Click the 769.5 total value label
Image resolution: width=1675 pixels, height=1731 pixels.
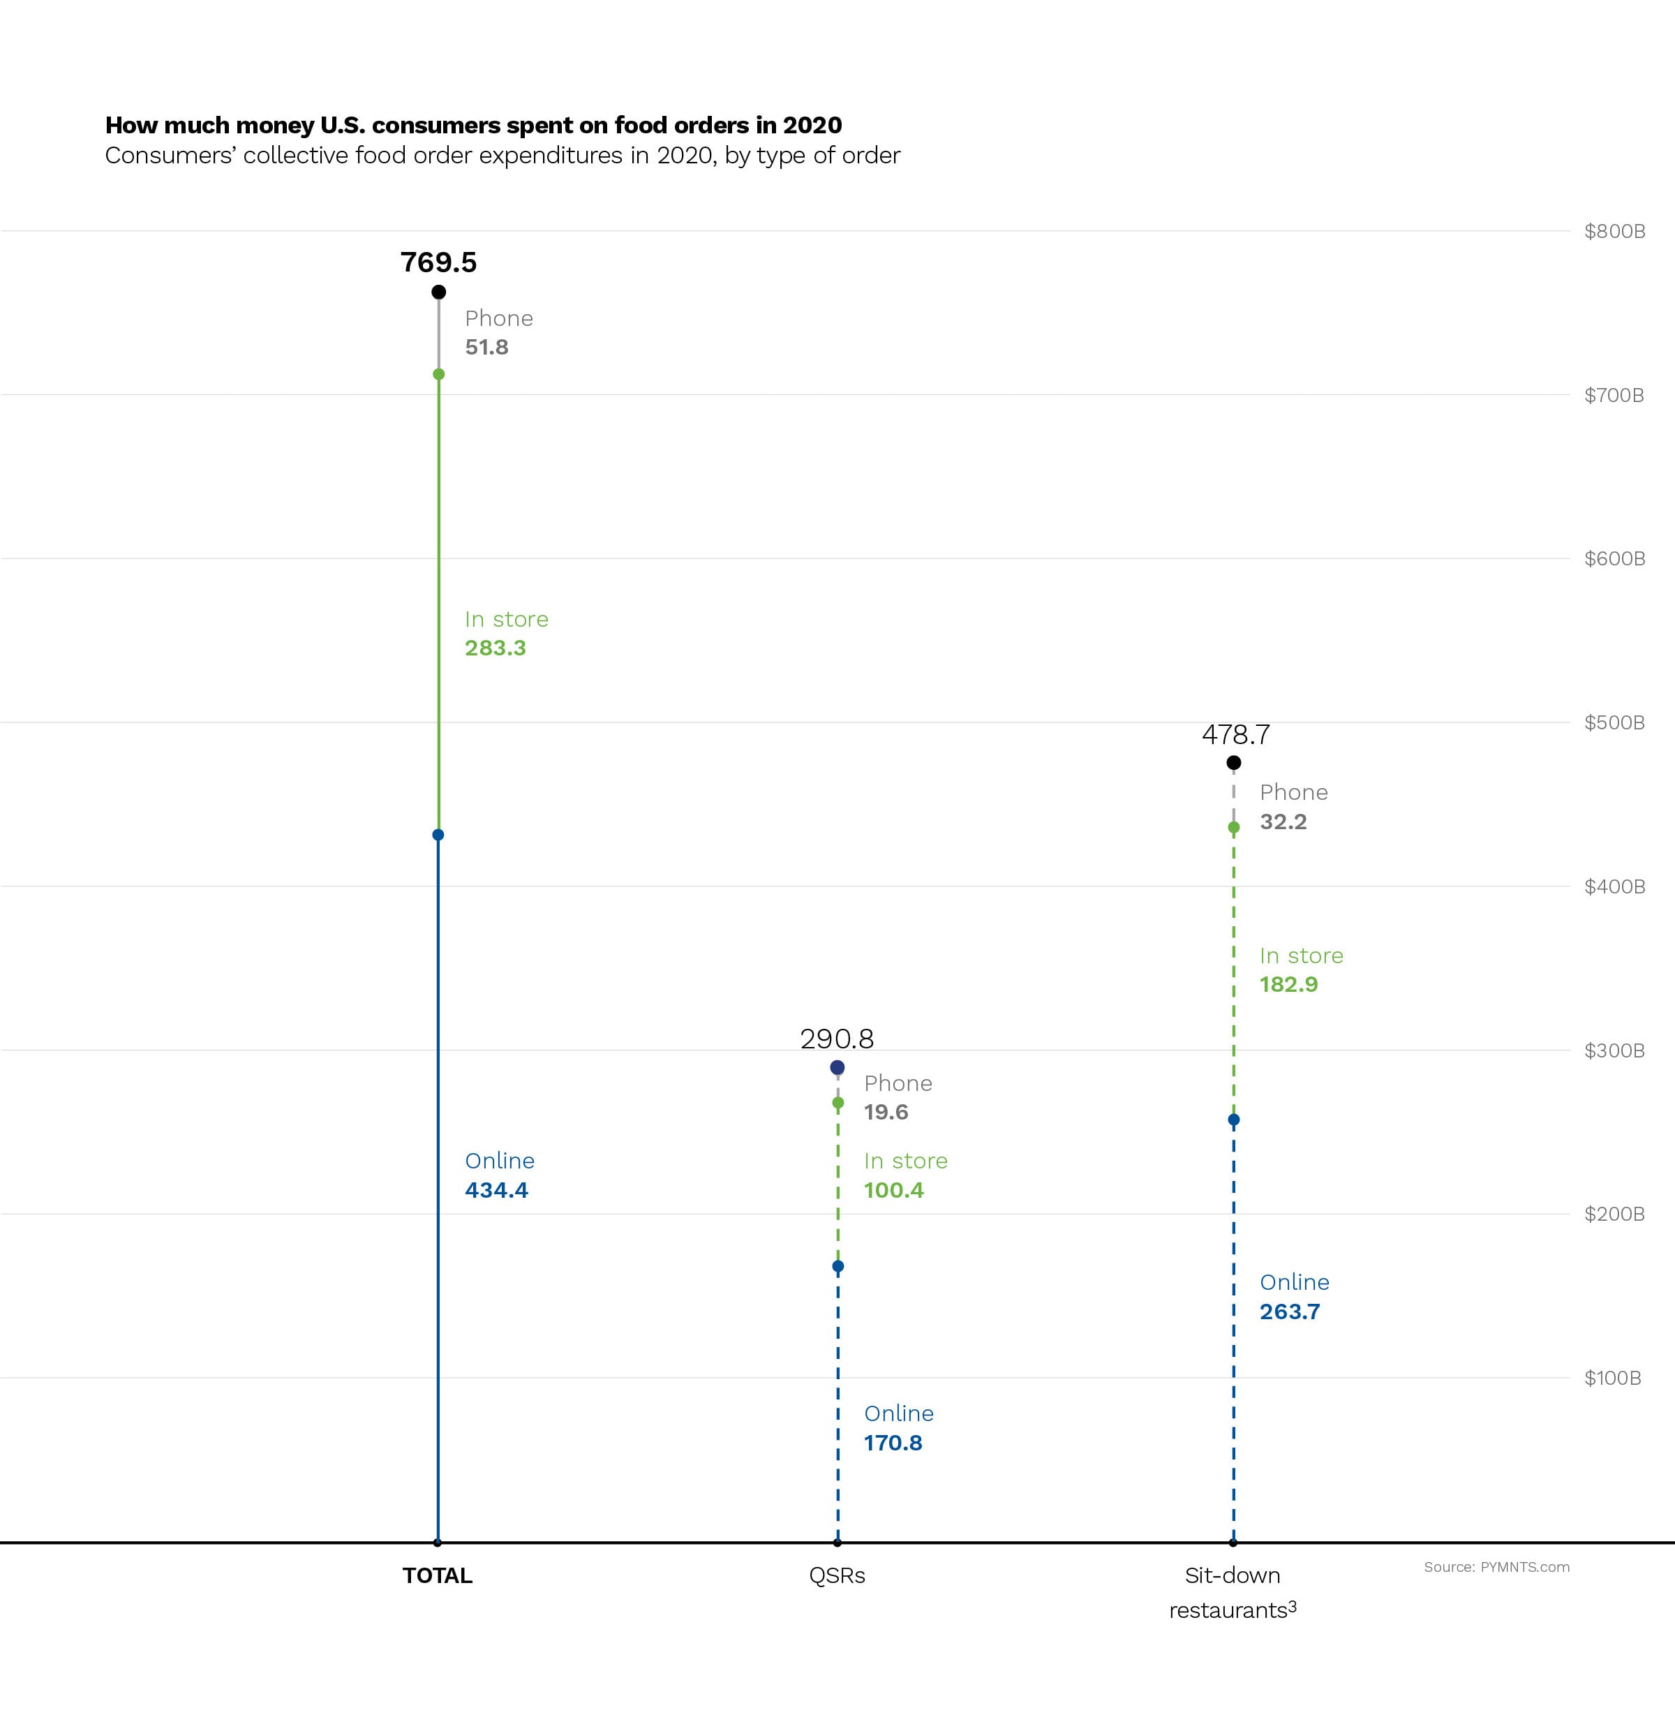[438, 262]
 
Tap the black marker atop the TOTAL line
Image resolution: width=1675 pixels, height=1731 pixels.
[438, 292]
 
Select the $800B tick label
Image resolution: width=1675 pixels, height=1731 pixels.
[1614, 232]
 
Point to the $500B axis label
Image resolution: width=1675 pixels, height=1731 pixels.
[1614, 722]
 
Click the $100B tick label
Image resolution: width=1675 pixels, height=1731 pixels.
[1612, 1378]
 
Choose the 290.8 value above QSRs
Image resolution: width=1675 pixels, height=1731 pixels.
[836, 1039]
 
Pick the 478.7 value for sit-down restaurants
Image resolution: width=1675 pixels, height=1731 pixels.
[1235, 735]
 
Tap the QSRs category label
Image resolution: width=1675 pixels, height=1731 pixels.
[836, 1575]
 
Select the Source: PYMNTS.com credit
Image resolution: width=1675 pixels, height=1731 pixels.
[1496, 1567]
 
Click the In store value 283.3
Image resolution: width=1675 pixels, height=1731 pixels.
[496, 648]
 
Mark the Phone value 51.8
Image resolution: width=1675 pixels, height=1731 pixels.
[486, 347]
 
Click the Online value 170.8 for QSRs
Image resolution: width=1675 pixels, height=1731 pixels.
[893, 1443]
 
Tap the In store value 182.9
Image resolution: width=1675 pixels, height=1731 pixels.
[1288, 985]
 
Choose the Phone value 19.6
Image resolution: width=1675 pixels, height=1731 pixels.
[886, 1112]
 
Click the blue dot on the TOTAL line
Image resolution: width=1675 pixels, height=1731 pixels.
[438, 835]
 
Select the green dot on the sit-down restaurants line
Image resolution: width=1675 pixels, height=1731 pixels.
[1233, 828]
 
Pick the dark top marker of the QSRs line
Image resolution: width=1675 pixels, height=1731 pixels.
[837, 1068]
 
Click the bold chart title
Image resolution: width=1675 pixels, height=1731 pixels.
[473, 126]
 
